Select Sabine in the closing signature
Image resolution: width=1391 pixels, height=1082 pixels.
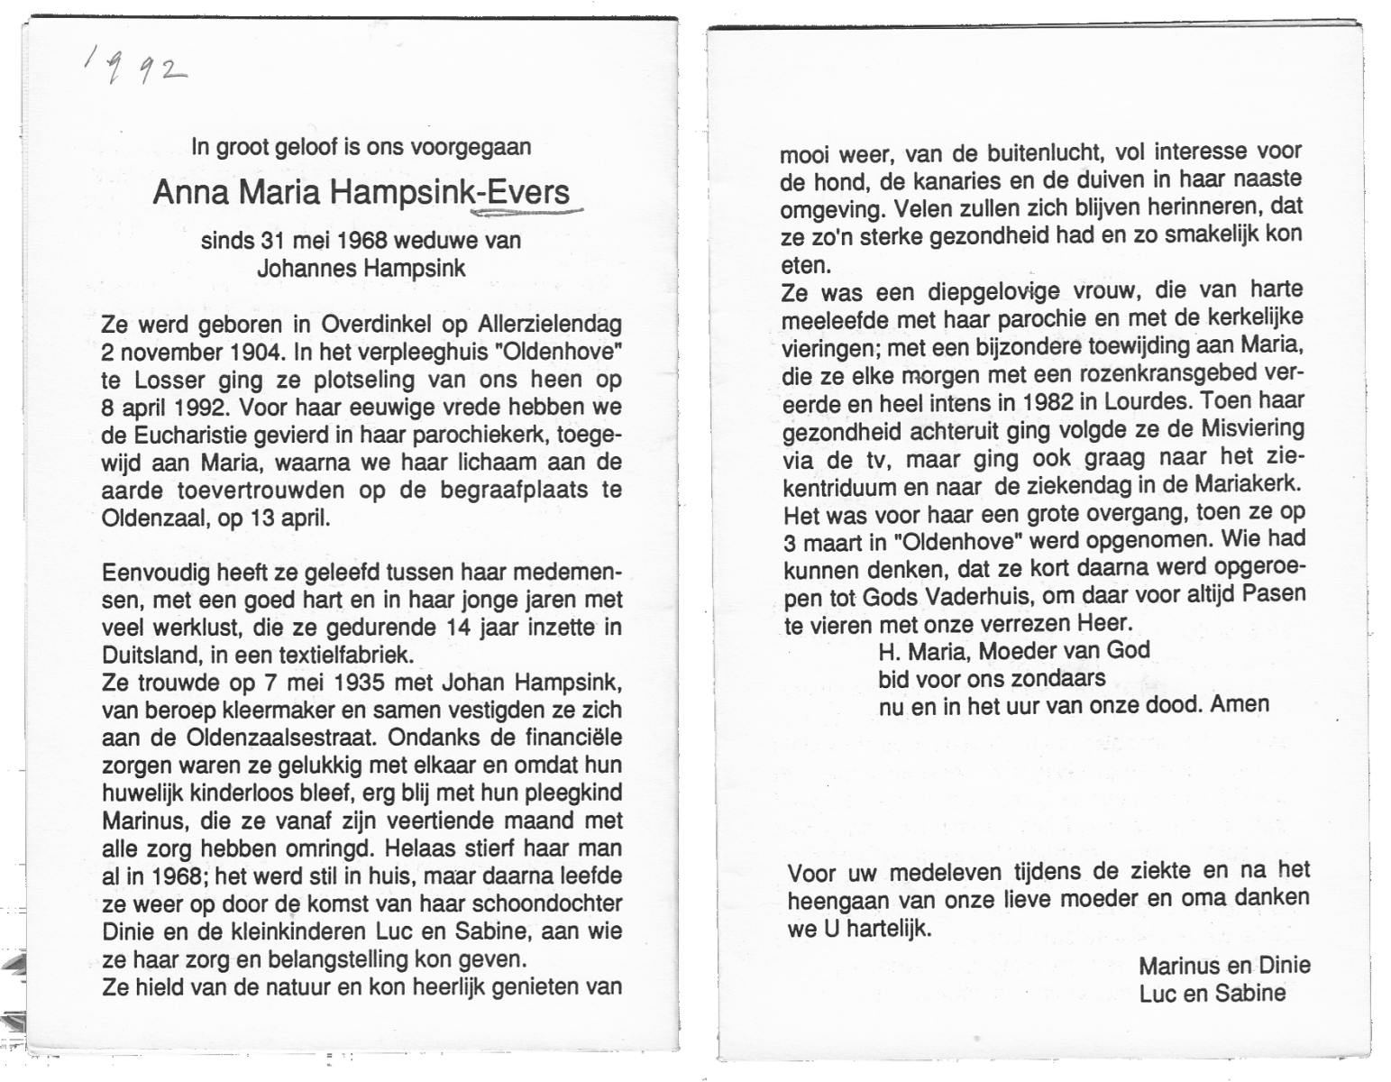click(x=1251, y=994)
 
